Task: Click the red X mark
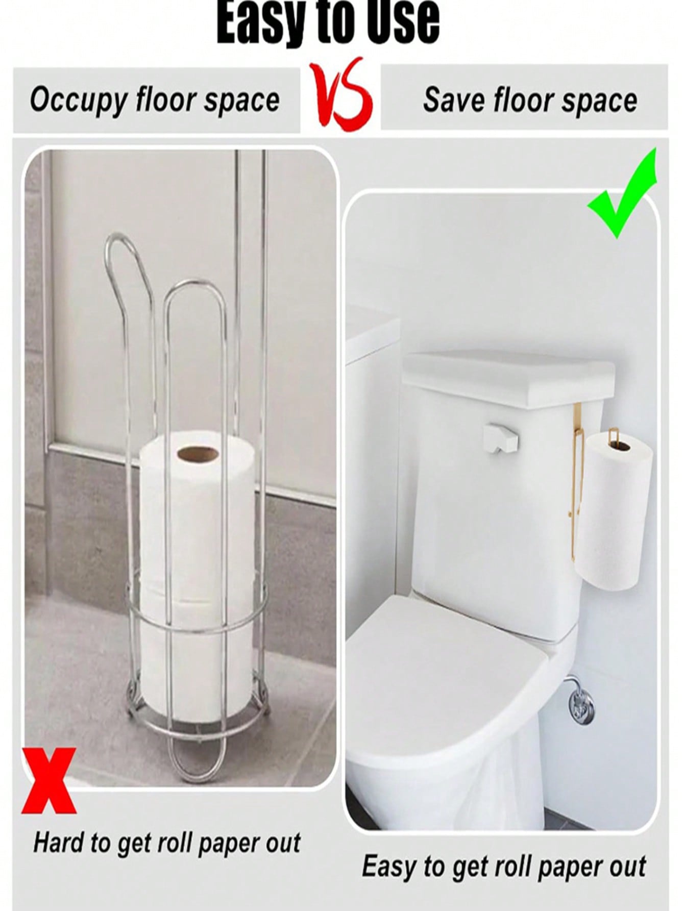click(x=49, y=780)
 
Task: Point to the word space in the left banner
click(x=242, y=102)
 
